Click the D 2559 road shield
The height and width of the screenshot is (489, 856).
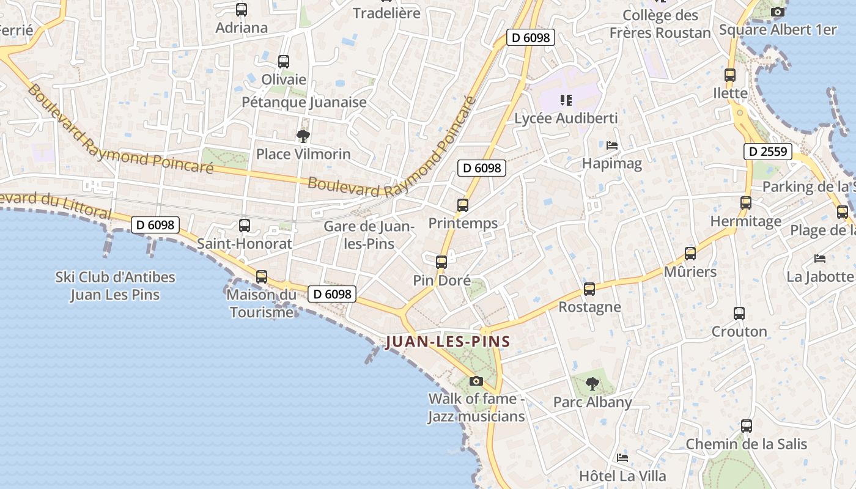point(768,152)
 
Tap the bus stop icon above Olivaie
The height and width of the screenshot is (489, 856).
point(284,62)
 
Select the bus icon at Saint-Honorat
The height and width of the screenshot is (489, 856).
point(245,226)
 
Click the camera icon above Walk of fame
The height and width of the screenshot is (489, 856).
point(476,381)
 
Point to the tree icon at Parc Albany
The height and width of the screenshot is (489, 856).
point(592,384)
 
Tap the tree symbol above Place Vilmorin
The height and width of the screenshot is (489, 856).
point(303,136)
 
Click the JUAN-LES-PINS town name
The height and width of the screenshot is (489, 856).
point(448,341)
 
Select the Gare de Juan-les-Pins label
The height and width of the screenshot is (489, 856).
point(369,235)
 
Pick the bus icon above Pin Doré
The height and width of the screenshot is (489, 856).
point(441,262)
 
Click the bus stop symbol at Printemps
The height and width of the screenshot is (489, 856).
point(463,205)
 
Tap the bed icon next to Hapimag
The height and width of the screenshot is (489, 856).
point(612,145)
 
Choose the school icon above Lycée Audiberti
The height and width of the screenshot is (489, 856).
point(566,100)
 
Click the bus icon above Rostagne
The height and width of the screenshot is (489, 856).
point(589,289)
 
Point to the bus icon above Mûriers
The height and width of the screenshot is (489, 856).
point(690,254)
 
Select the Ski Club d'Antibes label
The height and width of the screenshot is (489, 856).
point(115,285)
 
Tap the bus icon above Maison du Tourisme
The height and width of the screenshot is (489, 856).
point(262,276)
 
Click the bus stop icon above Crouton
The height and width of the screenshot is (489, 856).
point(739,314)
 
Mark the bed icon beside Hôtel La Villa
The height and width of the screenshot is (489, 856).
point(622,457)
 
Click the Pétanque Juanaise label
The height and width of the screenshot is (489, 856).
point(304,102)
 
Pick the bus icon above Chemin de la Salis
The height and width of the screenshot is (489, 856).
point(747,426)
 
